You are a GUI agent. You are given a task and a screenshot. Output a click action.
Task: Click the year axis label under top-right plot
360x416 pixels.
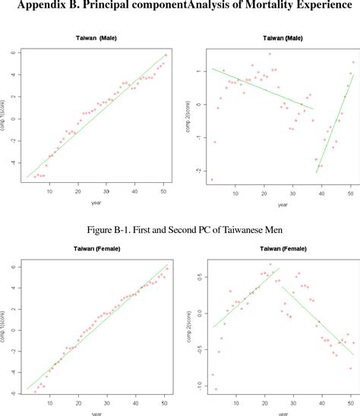[283, 203]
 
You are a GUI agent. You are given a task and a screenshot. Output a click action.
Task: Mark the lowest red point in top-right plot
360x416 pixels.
[212, 180]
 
